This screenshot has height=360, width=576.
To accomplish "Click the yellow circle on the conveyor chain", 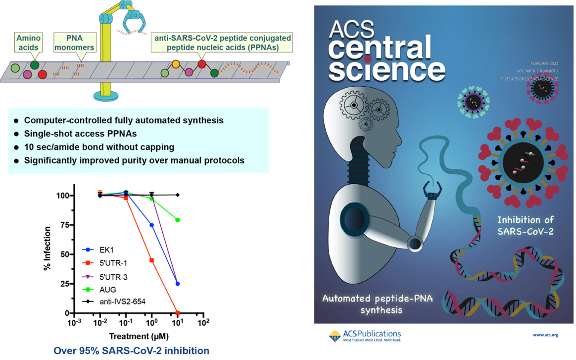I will pos(176,64).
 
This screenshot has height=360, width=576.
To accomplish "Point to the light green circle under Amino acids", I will pos(16,68).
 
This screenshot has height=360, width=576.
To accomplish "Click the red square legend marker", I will pos(88,263).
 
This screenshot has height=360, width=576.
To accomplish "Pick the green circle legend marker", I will pos(88,289).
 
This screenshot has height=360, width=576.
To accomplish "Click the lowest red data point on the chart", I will pos(178,313).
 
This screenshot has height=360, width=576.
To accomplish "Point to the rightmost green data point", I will pos(178,220).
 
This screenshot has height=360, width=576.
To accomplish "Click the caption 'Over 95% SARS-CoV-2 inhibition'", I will pos(131,351).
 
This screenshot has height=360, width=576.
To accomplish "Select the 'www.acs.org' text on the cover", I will pos(545,335).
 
